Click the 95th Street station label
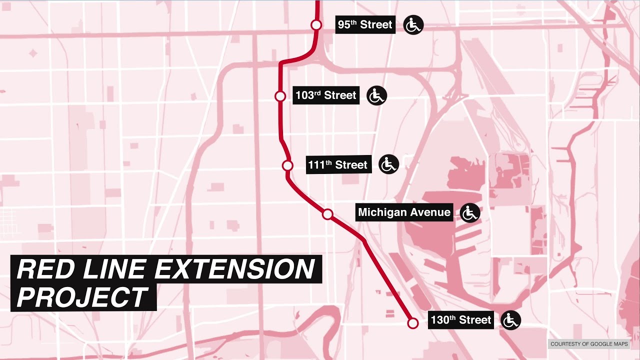click(365, 24)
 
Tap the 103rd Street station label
click(326, 95)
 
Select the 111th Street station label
click(338, 164)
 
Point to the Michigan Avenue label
click(404, 212)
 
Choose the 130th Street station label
click(461, 319)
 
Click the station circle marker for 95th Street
click(316, 24)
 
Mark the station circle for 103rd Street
click(280, 96)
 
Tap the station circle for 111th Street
click(287, 165)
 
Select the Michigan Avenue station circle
click(327, 214)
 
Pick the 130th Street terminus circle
click(412, 323)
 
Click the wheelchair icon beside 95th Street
click(413, 25)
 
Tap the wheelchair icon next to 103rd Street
click(376, 95)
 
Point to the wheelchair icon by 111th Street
click(388, 164)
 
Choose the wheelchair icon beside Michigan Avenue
click(469, 213)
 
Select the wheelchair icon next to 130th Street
click(510, 320)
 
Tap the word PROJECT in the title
click(83, 297)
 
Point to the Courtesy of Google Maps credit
click(588, 344)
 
